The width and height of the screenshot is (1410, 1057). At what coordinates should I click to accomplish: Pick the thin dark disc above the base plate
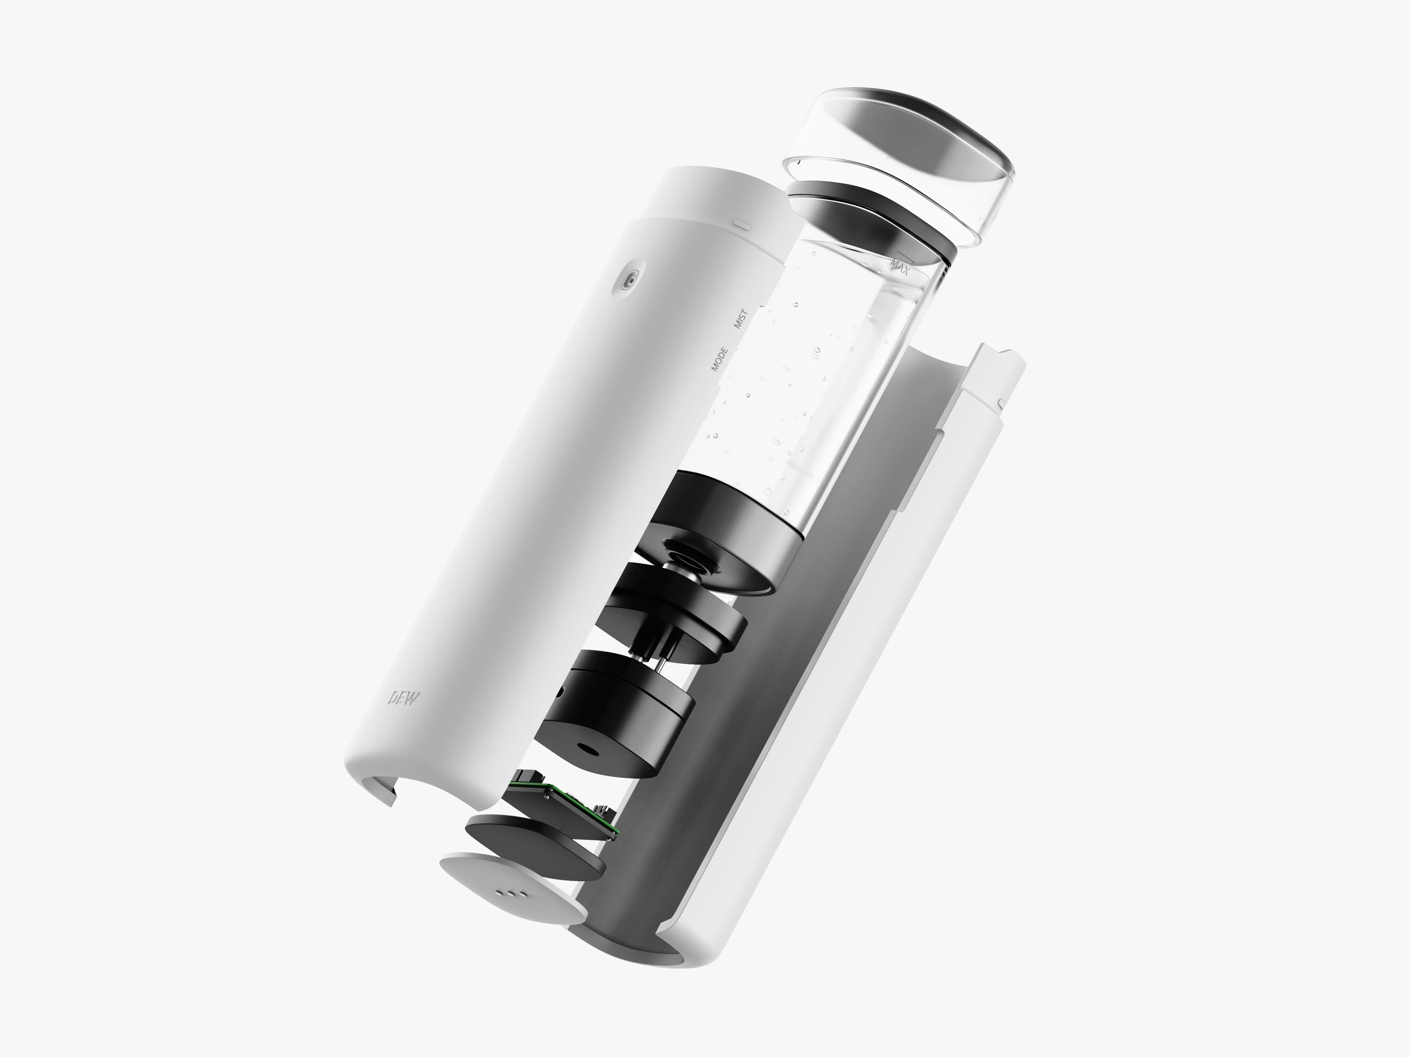point(534,846)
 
